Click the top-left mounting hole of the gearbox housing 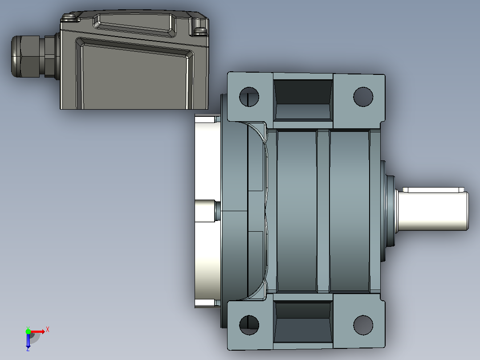[x=249, y=97]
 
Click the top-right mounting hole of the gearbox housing [x=363, y=97]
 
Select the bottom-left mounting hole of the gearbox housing [x=249, y=325]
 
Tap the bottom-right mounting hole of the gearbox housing [x=363, y=325]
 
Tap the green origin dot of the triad [x=28, y=331]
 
